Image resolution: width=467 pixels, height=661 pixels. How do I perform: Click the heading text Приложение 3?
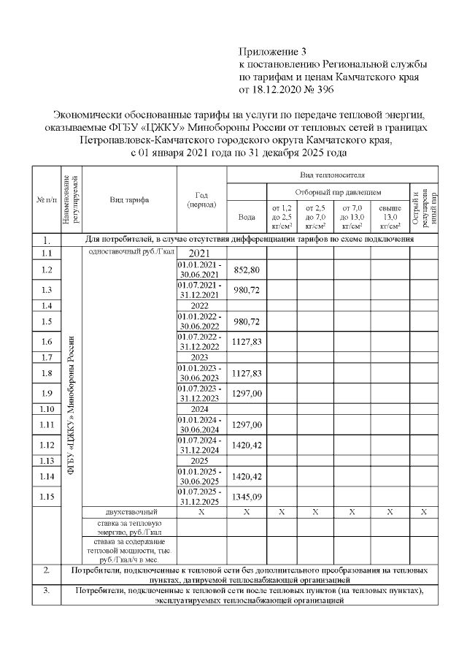tap(274, 51)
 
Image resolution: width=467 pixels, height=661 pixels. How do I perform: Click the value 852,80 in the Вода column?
tap(247, 270)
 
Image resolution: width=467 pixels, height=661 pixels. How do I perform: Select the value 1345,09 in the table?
tap(247, 497)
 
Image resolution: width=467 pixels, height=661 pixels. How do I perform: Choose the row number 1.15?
tap(47, 497)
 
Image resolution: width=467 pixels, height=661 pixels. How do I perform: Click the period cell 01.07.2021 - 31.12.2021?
tap(201, 289)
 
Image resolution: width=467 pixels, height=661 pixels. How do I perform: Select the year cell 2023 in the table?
tap(201, 358)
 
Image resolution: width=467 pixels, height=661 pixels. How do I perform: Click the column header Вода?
tap(247, 216)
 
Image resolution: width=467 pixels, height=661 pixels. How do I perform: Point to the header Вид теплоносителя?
tap(332, 175)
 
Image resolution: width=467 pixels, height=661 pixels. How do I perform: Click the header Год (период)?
tap(201, 199)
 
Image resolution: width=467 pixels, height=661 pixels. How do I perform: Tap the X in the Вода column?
tap(247, 512)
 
